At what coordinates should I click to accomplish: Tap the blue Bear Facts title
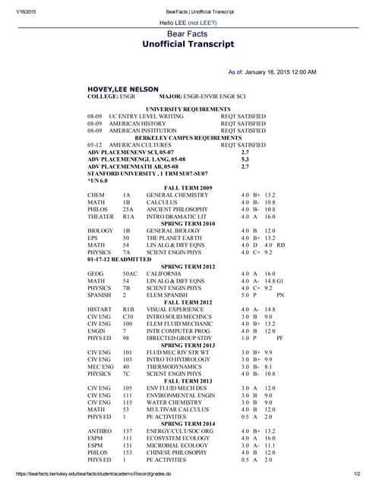tap(187, 35)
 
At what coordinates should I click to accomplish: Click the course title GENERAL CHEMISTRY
tap(174, 195)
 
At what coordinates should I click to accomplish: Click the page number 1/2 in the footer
tap(356, 475)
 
